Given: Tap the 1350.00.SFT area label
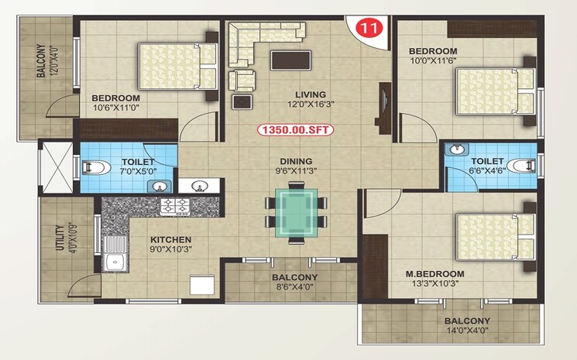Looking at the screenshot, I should point(295,131).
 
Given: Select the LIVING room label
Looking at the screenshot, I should point(294,94).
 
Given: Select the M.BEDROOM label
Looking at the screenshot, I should point(435,275).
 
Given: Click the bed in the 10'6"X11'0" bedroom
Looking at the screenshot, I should point(177,66).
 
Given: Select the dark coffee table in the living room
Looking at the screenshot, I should point(291,61).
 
